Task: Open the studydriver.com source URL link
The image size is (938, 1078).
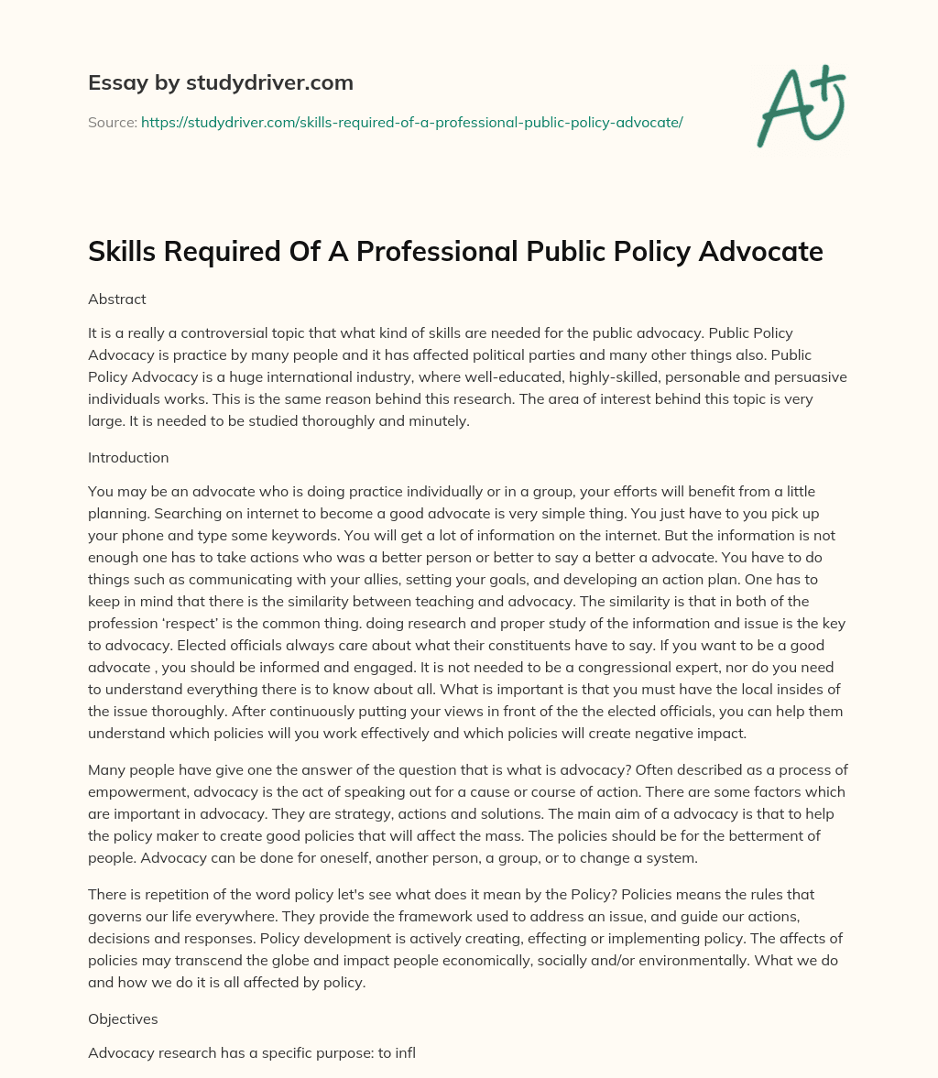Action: (411, 122)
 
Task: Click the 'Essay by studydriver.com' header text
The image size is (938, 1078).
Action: (221, 82)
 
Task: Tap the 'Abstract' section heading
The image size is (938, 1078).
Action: (117, 299)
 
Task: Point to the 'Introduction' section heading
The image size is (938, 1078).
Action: (128, 457)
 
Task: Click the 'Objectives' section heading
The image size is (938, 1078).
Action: (124, 1018)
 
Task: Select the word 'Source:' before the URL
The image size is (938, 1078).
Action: (112, 122)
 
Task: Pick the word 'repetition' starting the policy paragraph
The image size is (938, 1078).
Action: (169, 894)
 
